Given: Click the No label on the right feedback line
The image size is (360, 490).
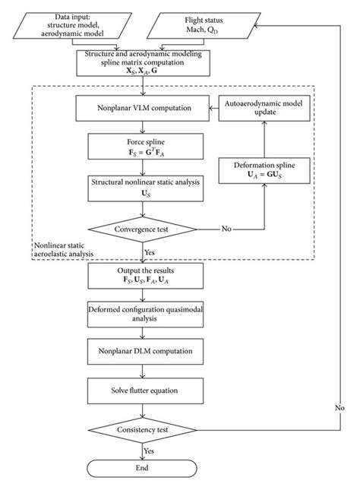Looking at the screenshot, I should tap(340, 407).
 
